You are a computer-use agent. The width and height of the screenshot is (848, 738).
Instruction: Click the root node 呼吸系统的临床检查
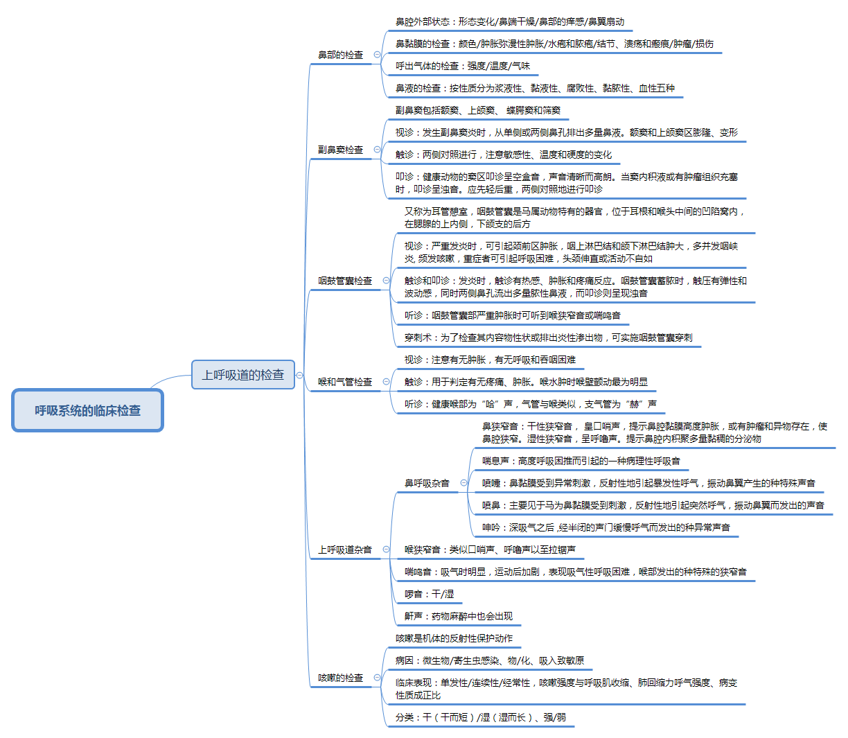coord(87,411)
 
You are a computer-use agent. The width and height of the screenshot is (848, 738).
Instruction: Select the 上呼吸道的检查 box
coord(242,375)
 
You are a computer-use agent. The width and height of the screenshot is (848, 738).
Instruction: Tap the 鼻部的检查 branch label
coord(340,55)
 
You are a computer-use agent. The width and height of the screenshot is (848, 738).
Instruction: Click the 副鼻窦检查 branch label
coord(340,150)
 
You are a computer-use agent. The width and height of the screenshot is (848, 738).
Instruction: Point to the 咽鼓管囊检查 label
coord(345,281)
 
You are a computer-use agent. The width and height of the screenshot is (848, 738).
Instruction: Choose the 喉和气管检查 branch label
coord(345,382)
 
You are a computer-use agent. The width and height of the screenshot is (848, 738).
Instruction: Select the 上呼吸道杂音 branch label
coord(345,550)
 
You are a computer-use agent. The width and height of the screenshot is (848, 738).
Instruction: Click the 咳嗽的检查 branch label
coord(340,678)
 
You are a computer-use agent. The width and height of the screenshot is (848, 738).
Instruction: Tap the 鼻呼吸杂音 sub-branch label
coord(427,483)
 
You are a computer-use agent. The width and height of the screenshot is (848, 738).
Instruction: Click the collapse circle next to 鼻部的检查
coord(377,55)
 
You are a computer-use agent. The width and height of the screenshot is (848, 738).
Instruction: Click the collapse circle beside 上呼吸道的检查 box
coord(299,376)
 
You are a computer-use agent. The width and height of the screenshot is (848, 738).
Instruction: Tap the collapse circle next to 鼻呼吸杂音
coord(463,483)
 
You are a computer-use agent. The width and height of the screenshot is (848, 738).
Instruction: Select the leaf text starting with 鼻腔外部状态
coord(510,22)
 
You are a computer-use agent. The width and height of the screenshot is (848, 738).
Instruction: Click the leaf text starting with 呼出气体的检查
coord(463,67)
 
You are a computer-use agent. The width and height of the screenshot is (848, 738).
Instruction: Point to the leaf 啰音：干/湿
coord(430,595)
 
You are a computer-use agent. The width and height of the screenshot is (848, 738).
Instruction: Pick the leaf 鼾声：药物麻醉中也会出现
coord(459,617)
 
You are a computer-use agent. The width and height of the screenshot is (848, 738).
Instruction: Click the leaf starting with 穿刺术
coord(548,338)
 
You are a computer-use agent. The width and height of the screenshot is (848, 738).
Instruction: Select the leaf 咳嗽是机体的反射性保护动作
coord(454,639)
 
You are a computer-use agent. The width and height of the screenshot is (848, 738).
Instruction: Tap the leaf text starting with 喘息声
coord(581,462)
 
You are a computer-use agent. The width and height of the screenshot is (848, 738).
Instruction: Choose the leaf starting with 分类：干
coord(480,718)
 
